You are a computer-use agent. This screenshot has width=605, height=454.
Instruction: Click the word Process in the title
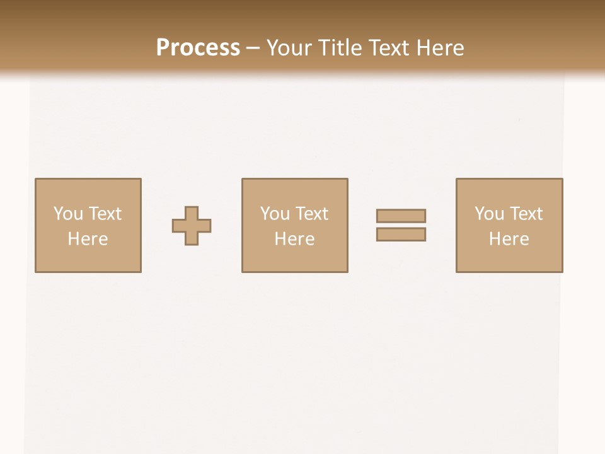coord(198,48)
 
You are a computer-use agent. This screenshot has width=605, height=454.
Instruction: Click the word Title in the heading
coord(341,48)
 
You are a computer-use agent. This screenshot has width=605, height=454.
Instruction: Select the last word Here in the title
coord(440,48)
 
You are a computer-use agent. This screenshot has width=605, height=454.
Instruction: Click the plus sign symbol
coord(192,226)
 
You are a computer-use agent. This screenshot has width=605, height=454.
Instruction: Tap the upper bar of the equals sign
coord(401,216)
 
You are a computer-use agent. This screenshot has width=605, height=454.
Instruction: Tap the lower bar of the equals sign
coord(401,235)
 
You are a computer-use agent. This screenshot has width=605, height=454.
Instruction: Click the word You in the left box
coord(68,214)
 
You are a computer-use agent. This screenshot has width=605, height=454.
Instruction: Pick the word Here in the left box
coord(88,239)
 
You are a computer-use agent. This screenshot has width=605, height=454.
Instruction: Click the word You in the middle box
coord(275,214)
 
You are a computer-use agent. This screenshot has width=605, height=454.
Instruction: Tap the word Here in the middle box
coord(294,239)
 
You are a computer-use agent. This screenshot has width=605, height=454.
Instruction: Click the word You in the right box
coord(489,214)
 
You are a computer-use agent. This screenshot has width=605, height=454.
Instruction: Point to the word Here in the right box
coord(509,239)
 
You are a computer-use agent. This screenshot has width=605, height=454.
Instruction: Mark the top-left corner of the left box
coord(35,179)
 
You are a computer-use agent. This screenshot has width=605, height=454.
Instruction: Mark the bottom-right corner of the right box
coord(562,272)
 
